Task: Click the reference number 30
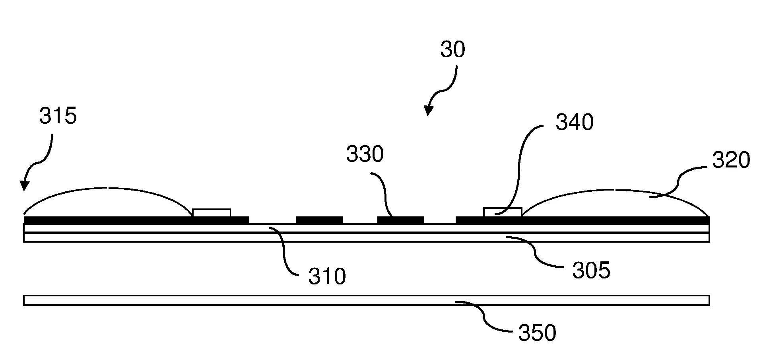(452, 51)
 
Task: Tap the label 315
(58, 116)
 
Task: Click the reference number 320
(731, 161)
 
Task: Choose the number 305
(591, 271)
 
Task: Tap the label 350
(537, 333)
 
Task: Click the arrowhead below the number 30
(428, 111)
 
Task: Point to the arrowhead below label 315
(24, 185)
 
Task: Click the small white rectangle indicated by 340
(502, 212)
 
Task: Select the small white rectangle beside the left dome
(212, 213)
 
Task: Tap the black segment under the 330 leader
(400, 220)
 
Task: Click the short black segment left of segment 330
(319, 220)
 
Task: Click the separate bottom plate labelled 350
(367, 300)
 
